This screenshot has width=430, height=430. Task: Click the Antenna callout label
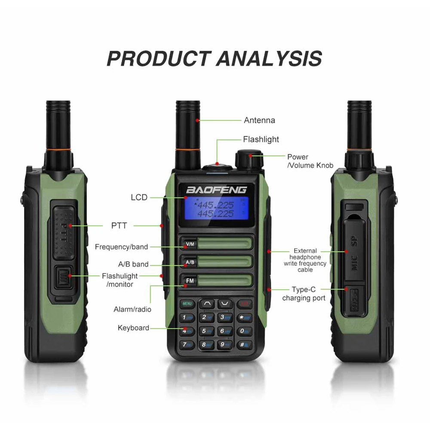click(x=259, y=120)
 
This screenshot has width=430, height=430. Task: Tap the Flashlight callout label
click(x=261, y=139)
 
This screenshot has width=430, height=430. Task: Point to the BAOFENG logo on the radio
click(x=216, y=189)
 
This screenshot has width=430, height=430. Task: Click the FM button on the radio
click(x=189, y=281)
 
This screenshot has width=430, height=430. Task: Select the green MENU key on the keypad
click(x=187, y=304)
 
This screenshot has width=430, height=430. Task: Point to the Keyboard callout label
click(x=133, y=328)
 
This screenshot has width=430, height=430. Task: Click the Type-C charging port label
click(x=304, y=294)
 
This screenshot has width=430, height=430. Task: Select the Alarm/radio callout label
click(x=132, y=309)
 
